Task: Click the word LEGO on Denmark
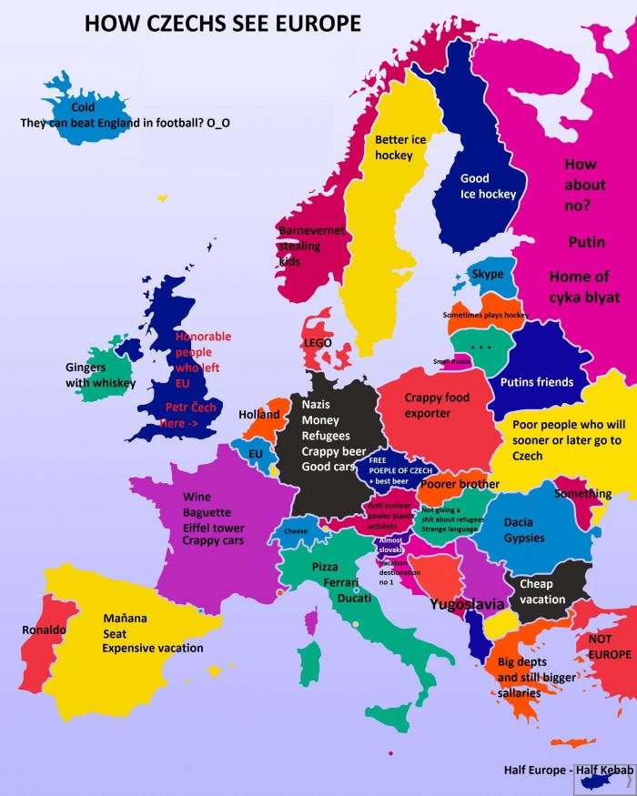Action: point(318,342)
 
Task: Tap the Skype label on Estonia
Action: point(488,274)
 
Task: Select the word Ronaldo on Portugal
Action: point(44,630)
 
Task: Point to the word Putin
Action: point(586,242)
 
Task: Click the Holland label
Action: point(259,415)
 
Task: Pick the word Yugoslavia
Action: point(467,603)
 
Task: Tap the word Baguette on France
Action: point(206,512)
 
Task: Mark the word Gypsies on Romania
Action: point(524,538)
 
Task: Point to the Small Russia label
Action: point(452,361)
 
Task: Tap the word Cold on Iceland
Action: point(83,107)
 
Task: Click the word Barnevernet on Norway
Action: point(312,231)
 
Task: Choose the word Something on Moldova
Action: point(582,494)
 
